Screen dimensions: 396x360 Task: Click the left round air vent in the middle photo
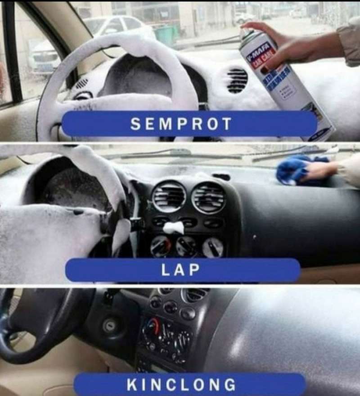click(x=169, y=197)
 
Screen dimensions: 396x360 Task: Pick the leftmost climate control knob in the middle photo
click(x=160, y=246)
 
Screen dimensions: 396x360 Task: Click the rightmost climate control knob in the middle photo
click(x=212, y=247)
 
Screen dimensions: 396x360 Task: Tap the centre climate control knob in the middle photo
click(x=186, y=246)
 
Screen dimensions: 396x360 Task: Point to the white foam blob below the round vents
click(x=174, y=228)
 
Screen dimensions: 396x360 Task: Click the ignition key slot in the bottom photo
click(x=110, y=326)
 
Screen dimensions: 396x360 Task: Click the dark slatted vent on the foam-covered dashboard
click(x=237, y=81)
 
